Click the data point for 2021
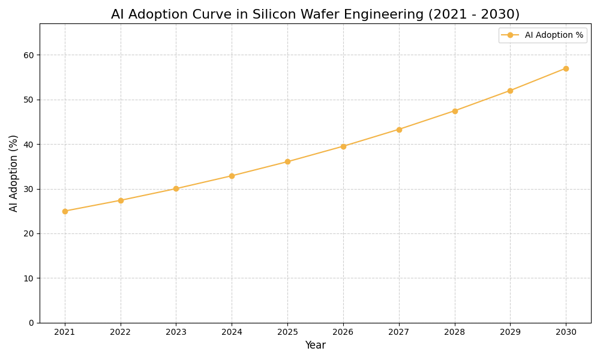65,211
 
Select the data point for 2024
232,176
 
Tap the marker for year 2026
343,146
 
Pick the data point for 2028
455,111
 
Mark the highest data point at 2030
566,68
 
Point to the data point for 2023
176,188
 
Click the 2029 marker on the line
510,91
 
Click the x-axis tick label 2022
121,332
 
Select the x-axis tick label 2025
287,332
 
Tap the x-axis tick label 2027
399,332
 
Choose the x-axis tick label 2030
566,332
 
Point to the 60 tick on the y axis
29,55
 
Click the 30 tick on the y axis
29,189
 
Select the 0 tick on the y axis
31,323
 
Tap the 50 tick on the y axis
29,100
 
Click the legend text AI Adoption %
554,35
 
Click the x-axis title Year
315,346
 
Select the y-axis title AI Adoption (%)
14,173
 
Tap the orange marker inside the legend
510,35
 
